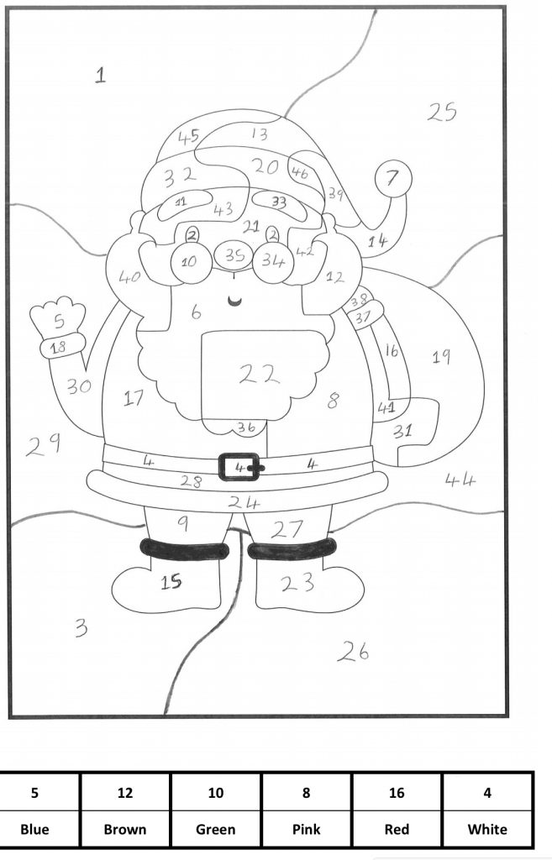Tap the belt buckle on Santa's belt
pos(241,466)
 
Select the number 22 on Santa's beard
pos(259,375)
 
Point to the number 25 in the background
pos(441,111)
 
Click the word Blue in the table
pos(34,829)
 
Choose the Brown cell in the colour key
pos(124,829)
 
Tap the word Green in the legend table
pos(215,829)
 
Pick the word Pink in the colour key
pos(306,829)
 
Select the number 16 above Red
pos(397,792)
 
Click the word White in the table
pos(487,829)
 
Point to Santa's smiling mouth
pos(237,301)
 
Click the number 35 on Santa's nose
pos(236,256)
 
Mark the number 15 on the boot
pos(171,581)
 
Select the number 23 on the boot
pos(297,581)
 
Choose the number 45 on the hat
pos(188,136)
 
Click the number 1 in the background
pos(100,76)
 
